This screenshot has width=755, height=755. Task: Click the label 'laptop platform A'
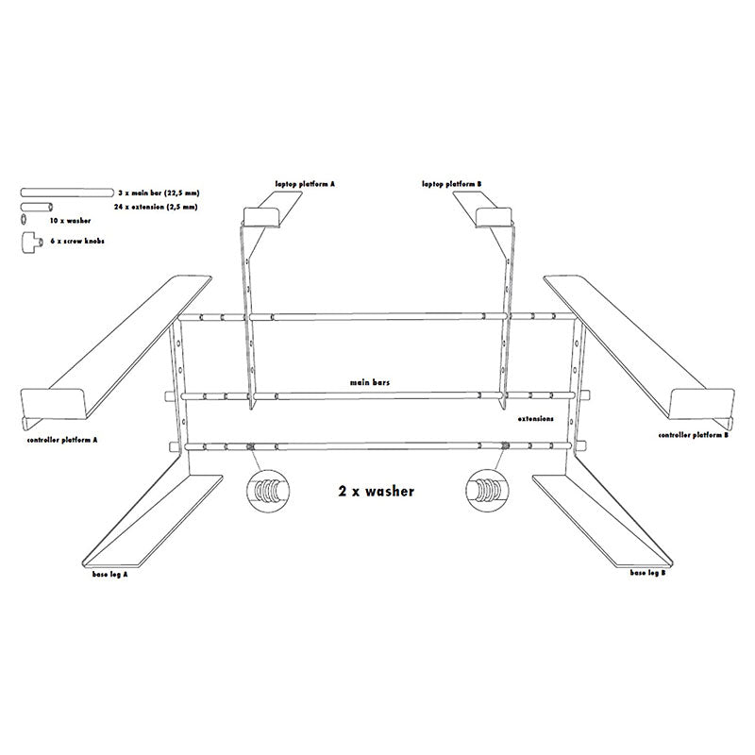(x=304, y=184)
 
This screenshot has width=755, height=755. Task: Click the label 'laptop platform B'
(x=451, y=184)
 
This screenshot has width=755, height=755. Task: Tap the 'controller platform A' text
(x=63, y=440)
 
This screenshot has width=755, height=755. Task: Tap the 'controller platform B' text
(x=695, y=435)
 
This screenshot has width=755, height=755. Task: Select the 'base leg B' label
(x=649, y=573)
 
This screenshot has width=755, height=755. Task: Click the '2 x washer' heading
(x=376, y=491)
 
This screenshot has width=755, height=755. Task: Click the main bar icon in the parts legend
(x=65, y=192)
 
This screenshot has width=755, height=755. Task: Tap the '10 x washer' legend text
(x=71, y=220)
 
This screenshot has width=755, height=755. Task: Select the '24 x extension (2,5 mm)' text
(x=156, y=205)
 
